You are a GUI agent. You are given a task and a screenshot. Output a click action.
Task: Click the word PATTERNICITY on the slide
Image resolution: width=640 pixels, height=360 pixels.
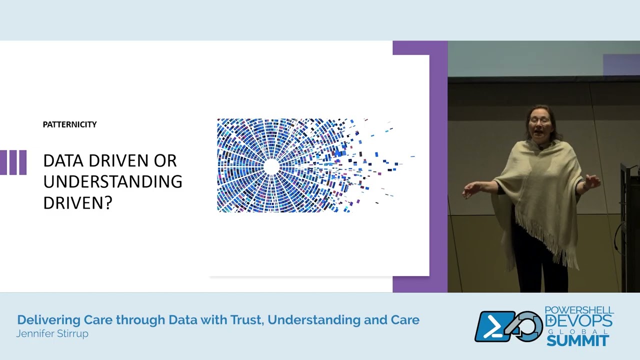coord(69,124)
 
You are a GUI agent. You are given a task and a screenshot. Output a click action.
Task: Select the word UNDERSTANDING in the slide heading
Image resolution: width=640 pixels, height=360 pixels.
coord(112,181)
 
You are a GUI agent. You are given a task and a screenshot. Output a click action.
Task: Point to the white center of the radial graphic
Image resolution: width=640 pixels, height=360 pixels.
coord(271,166)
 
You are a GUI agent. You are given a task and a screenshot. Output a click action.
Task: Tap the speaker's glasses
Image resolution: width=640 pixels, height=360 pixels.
coord(539,120)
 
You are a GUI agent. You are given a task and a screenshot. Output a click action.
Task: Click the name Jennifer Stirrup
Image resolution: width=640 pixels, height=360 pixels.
coord(52,333)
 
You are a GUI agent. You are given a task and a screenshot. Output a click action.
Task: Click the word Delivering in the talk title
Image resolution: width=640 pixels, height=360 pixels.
coord(48,320)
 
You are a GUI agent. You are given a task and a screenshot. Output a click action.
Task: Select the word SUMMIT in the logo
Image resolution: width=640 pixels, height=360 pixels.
coord(577,341)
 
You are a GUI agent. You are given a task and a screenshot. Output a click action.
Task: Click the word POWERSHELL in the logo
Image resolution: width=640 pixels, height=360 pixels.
coord(579,310)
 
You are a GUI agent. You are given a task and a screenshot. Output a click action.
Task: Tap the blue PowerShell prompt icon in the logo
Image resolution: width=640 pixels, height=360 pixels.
coord(494,326)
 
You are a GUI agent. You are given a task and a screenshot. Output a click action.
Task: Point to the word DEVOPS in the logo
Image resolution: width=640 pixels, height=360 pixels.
coord(579,320)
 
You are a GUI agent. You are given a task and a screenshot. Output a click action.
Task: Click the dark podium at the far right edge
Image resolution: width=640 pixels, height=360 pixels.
coord(630,225)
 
